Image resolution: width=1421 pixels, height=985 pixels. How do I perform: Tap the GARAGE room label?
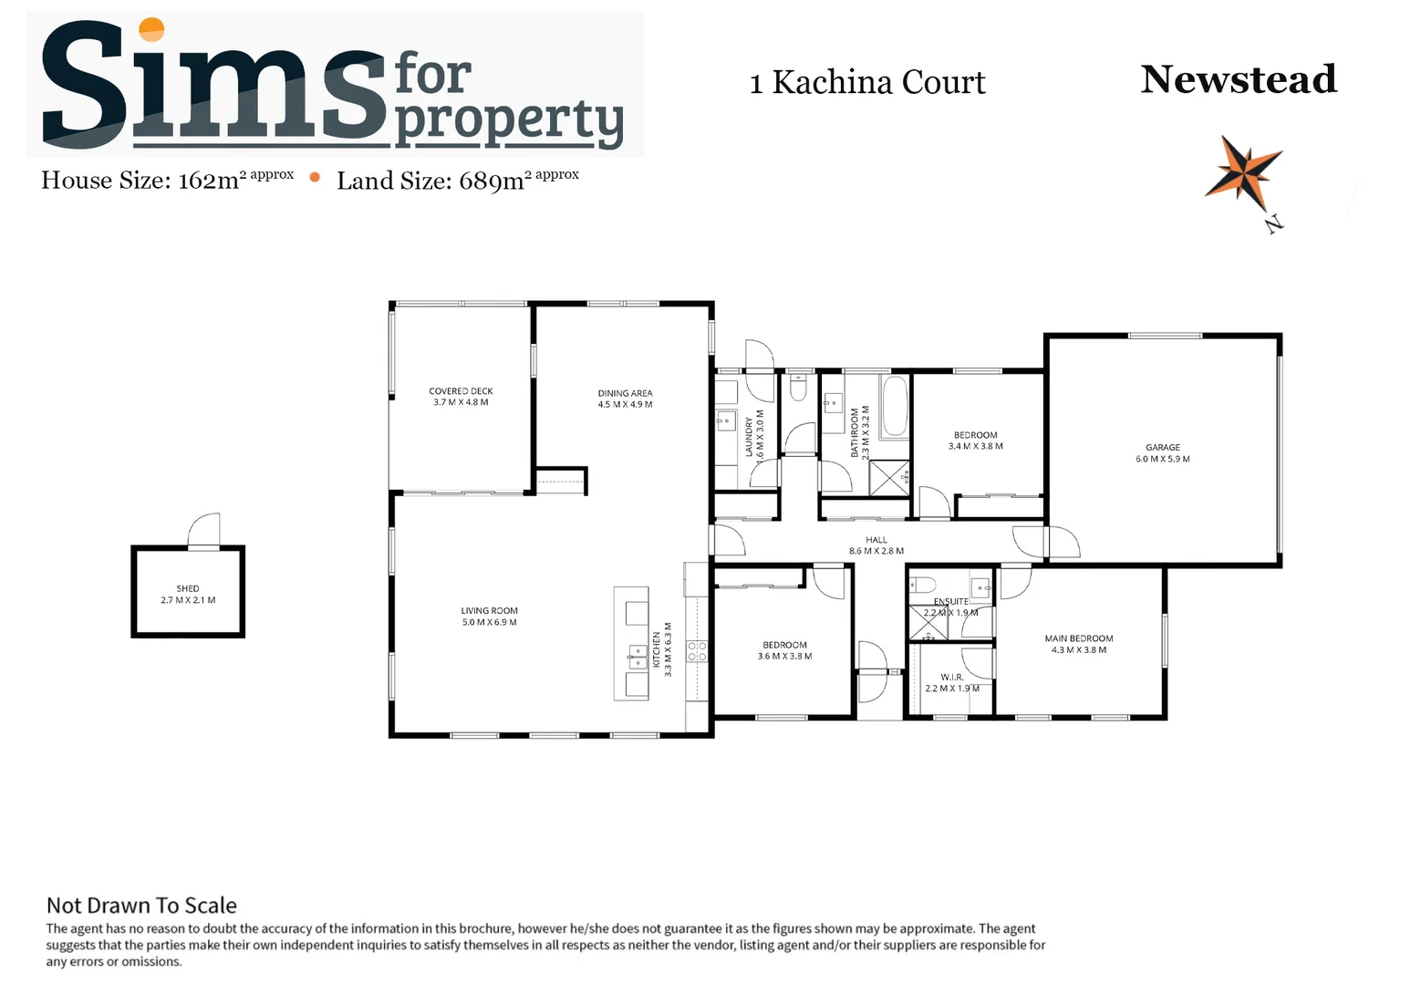point(1162,448)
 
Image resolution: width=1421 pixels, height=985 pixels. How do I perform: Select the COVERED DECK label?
point(461,391)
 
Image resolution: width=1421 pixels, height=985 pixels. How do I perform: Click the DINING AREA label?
point(625,393)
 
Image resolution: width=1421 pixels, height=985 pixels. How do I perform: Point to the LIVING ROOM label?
point(489,611)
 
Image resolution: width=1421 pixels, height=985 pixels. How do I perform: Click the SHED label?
point(188,589)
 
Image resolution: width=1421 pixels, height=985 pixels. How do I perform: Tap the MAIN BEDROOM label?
point(1078,638)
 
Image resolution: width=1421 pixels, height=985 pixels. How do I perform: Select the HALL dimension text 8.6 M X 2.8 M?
point(876,551)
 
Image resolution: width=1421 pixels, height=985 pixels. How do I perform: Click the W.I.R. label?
point(951,677)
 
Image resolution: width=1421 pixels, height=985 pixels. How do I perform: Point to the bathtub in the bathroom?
point(895,406)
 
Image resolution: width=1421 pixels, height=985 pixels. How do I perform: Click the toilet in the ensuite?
point(923,585)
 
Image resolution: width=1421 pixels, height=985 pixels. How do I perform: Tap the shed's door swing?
point(205,529)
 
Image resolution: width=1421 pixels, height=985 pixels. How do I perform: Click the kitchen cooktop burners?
point(696,651)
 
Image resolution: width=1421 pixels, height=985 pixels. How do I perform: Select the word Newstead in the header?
point(1238,79)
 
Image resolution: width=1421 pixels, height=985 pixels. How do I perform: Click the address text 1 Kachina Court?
point(866,82)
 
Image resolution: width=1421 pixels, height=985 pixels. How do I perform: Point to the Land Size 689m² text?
point(457,180)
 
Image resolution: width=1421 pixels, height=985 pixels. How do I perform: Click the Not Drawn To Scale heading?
point(141,905)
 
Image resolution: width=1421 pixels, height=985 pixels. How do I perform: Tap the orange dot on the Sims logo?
point(151,29)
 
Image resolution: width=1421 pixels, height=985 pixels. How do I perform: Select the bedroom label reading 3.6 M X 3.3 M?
point(784,656)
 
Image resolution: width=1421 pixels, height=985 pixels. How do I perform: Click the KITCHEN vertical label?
point(656,649)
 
